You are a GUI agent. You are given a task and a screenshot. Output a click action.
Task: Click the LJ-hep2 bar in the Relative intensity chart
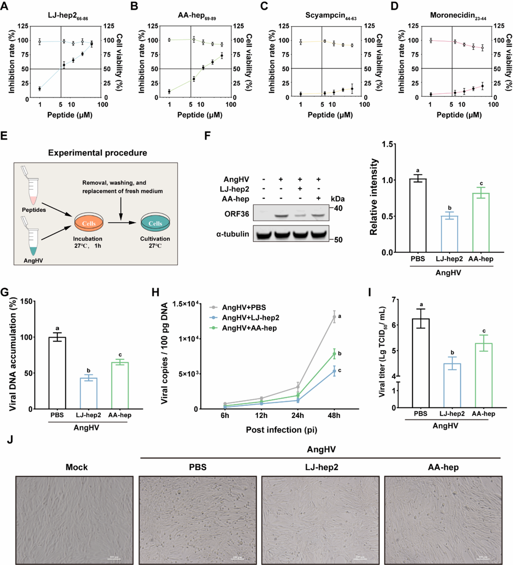449,234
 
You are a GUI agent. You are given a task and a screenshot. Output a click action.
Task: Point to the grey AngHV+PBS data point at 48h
334,317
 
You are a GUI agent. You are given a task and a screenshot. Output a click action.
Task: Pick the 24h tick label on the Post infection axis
298,415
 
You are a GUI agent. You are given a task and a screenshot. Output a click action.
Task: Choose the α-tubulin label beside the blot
232,234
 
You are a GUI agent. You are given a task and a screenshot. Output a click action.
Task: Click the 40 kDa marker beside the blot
338,208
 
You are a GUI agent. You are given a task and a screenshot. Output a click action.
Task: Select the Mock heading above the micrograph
76,467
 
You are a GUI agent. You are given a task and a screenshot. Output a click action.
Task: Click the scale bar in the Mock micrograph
114,556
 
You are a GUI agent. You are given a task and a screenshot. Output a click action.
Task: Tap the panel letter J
10,439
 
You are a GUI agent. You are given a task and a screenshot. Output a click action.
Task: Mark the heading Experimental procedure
97,153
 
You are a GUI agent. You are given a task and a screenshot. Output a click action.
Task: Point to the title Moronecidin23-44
458,16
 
